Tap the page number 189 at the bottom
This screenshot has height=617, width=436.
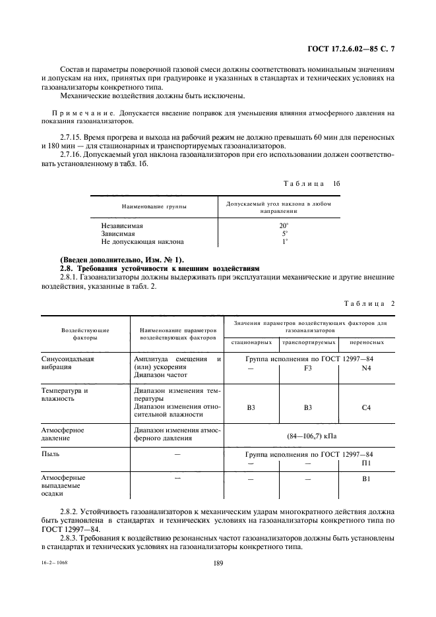point(218,563)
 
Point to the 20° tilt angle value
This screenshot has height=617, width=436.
point(284,225)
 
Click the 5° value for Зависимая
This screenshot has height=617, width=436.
point(284,233)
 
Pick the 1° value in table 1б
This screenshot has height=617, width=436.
point(284,241)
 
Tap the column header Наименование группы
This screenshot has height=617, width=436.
point(154,207)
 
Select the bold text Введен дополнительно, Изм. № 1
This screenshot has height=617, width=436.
point(123,260)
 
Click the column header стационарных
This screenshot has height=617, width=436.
point(251,343)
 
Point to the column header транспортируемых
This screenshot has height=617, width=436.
point(308,343)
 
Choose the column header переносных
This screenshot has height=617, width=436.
point(367,343)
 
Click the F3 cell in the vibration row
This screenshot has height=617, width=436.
point(308,368)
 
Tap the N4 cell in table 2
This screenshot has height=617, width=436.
point(367,368)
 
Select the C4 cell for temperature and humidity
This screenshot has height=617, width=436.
point(367,407)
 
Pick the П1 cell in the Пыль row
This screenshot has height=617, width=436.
point(367,463)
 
